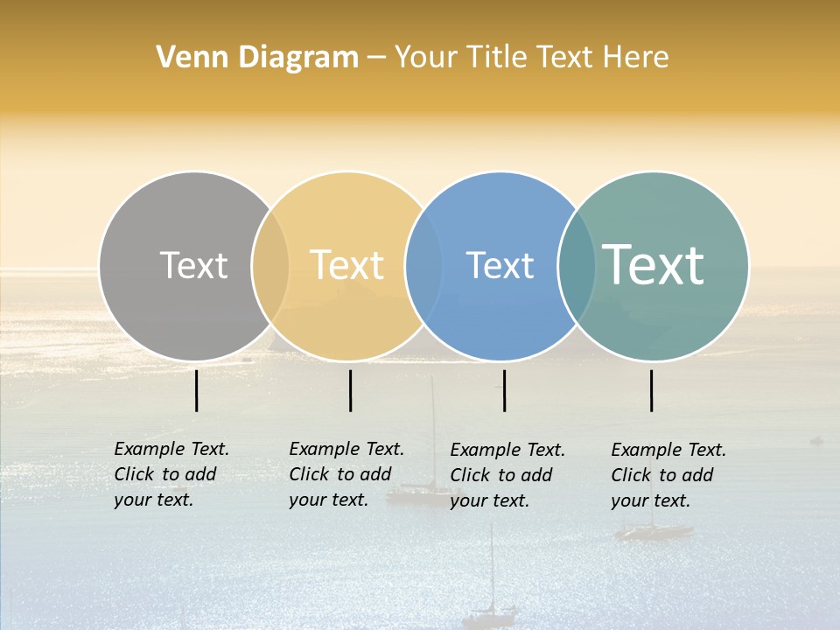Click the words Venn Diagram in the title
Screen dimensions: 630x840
click(257, 58)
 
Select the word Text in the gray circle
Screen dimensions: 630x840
click(193, 265)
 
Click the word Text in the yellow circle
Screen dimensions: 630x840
click(347, 265)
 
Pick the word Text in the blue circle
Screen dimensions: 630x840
click(500, 265)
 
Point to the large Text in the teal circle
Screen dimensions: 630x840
click(653, 265)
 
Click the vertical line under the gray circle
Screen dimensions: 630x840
click(197, 390)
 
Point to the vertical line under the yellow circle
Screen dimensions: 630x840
click(350, 390)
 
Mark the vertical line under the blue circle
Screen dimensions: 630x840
click(505, 390)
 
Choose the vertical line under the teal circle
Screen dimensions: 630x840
click(652, 390)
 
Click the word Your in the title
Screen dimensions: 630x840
click(425, 58)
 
